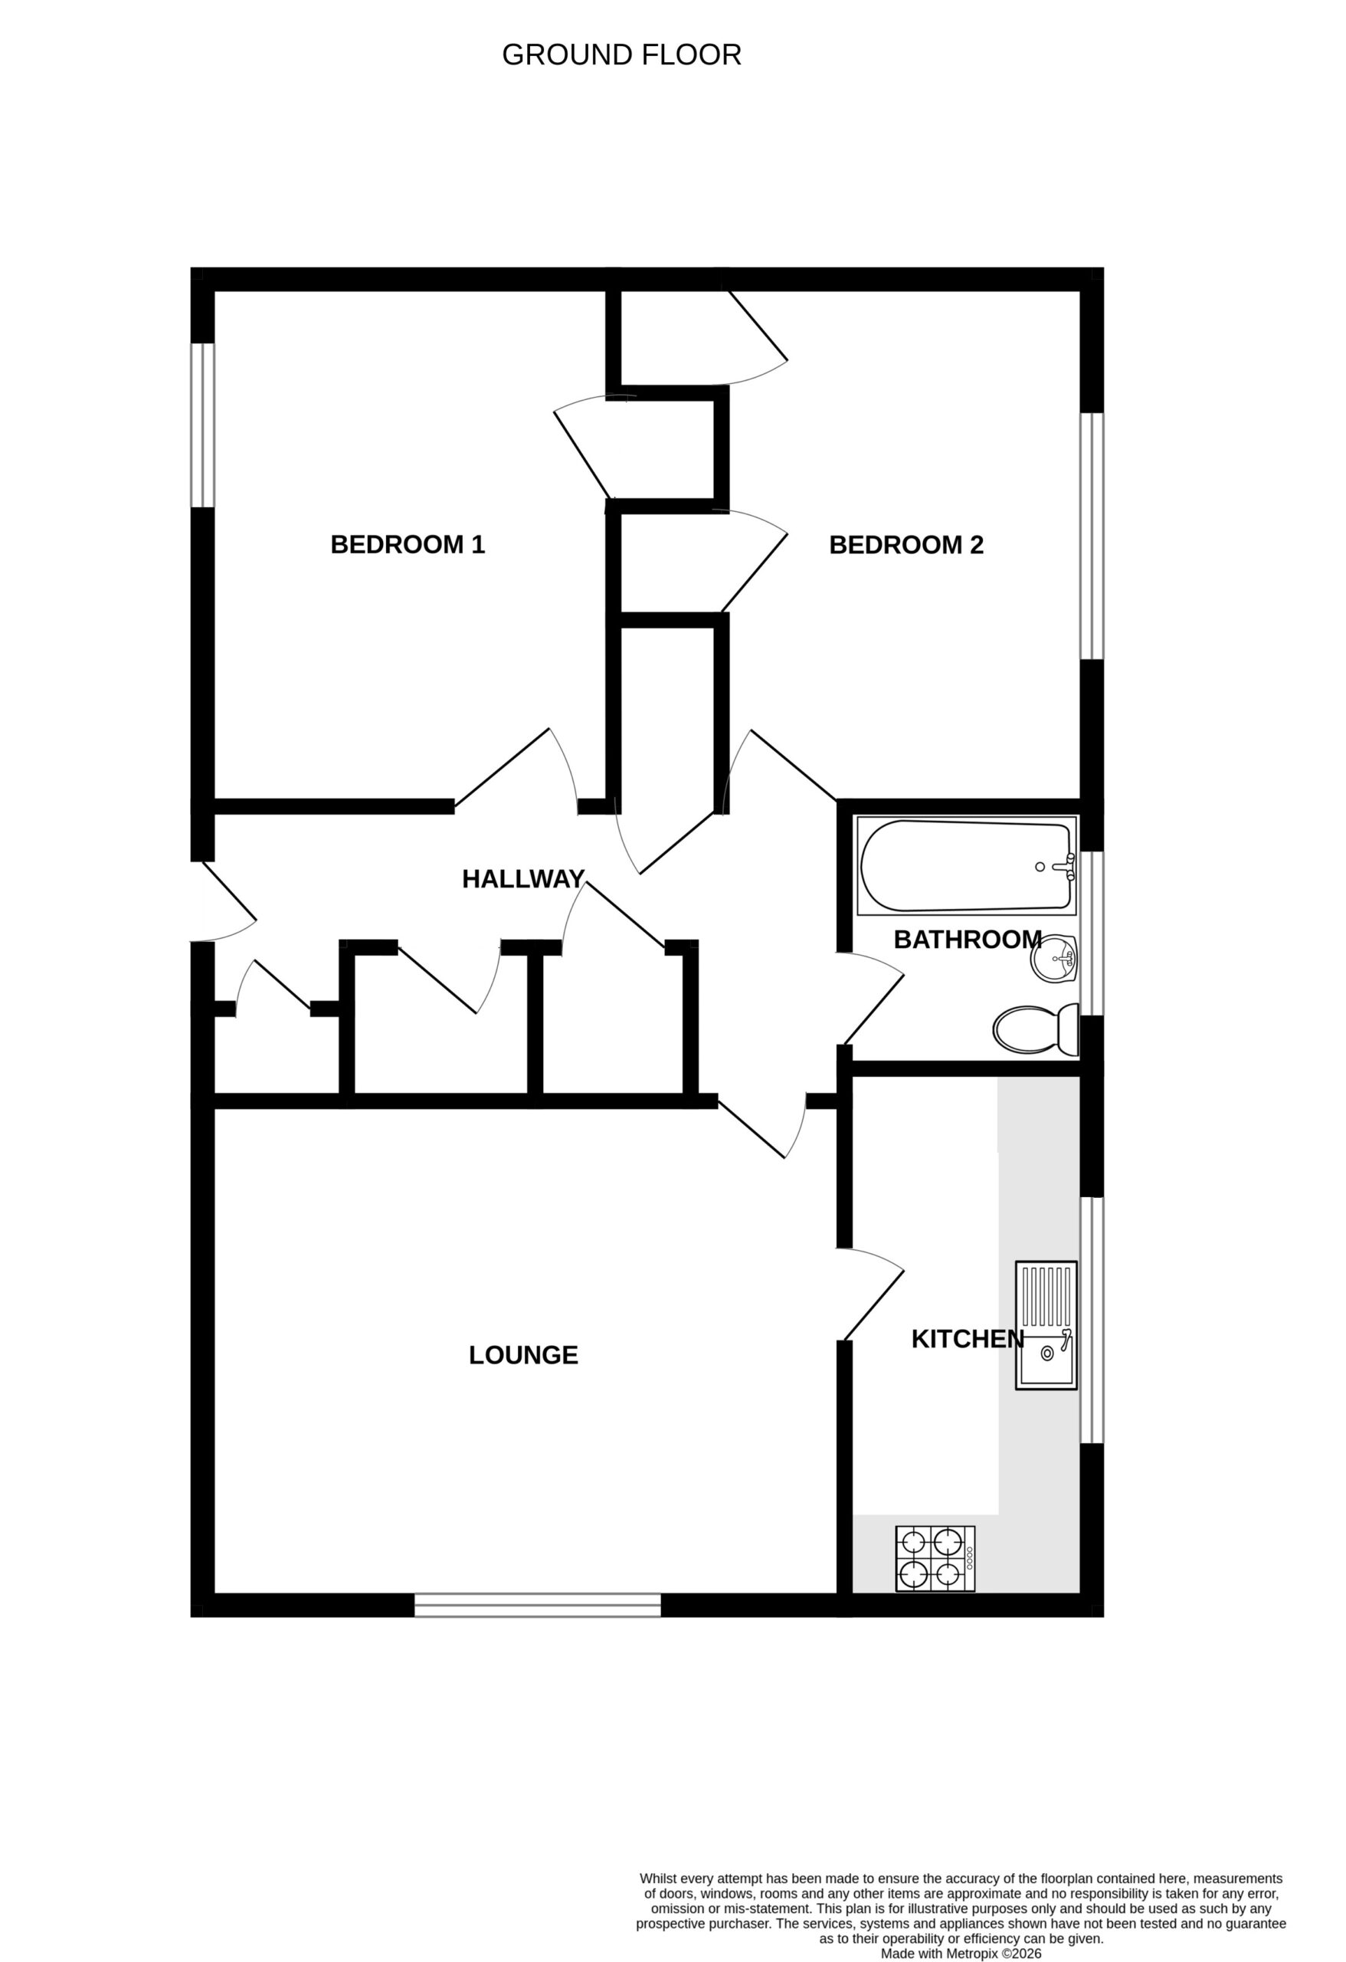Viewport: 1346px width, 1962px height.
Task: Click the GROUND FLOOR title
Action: [621, 56]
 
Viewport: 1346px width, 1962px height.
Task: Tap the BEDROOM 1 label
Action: [408, 544]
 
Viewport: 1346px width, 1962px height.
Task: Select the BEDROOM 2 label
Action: [906, 544]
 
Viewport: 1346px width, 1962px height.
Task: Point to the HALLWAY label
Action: [523, 880]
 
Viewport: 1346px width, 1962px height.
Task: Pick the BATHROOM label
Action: [967, 940]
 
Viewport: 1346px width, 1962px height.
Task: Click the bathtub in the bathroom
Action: [967, 865]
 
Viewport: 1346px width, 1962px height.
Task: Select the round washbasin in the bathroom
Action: [1055, 959]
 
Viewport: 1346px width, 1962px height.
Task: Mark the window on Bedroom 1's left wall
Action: [202, 425]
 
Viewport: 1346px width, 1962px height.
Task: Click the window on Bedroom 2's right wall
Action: [1092, 536]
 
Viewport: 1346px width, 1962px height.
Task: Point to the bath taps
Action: [1065, 866]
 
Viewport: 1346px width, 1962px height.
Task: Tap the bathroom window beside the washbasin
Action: [1092, 932]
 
